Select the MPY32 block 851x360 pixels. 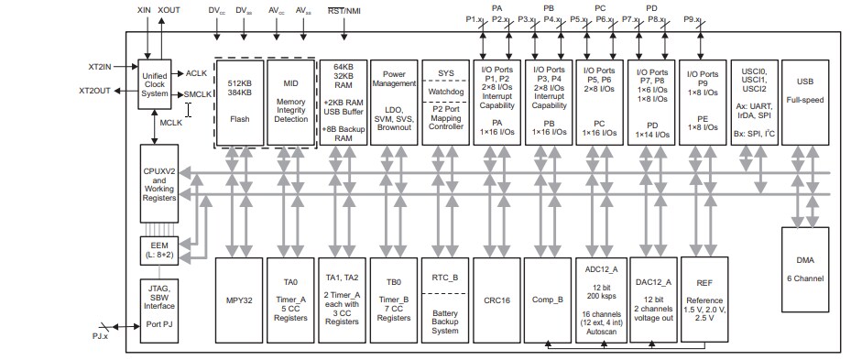[x=240, y=300]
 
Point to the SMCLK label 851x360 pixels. [x=200, y=93]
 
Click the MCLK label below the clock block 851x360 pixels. [x=172, y=121]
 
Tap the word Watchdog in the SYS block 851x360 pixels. [x=445, y=91]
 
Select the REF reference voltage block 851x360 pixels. [x=704, y=300]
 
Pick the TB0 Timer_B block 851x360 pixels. [x=394, y=300]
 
